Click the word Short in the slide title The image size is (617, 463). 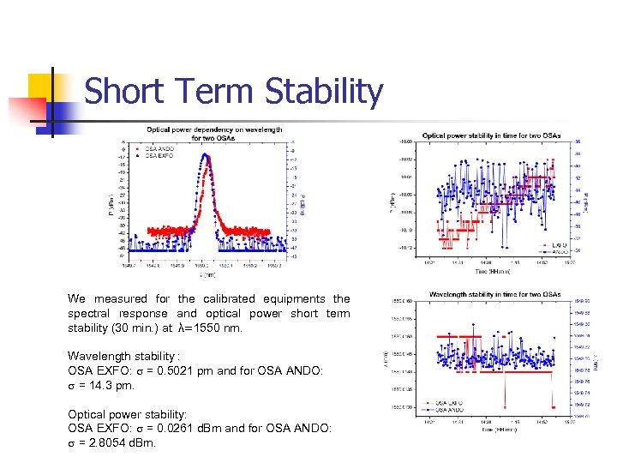pyautogui.click(x=124, y=91)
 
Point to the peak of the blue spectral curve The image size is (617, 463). pyautogui.click(x=205, y=156)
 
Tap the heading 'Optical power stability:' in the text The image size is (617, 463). pyautogui.click(x=127, y=413)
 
